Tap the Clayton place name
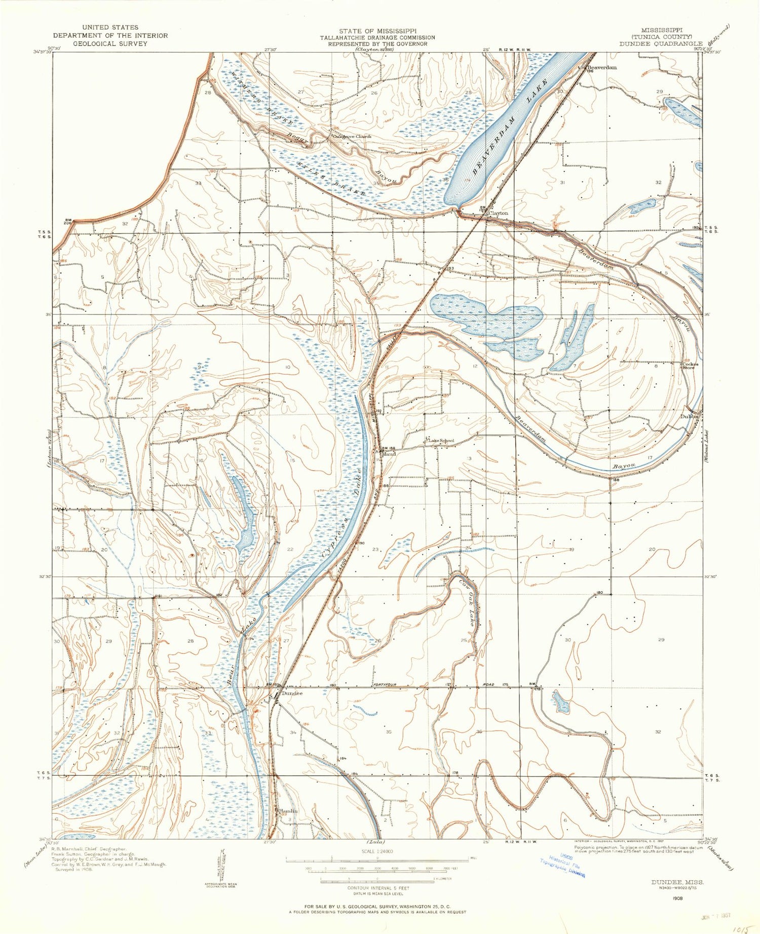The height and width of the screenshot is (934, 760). point(498,213)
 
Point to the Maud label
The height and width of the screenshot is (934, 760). point(389,454)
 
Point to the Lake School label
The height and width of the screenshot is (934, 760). point(442,441)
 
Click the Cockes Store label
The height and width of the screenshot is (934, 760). point(690,366)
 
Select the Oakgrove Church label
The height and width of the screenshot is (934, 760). point(352,136)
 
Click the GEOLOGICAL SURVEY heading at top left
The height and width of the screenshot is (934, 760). point(110,44)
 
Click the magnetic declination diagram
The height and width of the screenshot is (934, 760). point(222,867)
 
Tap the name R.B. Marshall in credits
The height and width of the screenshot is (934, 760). point(69,848)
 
